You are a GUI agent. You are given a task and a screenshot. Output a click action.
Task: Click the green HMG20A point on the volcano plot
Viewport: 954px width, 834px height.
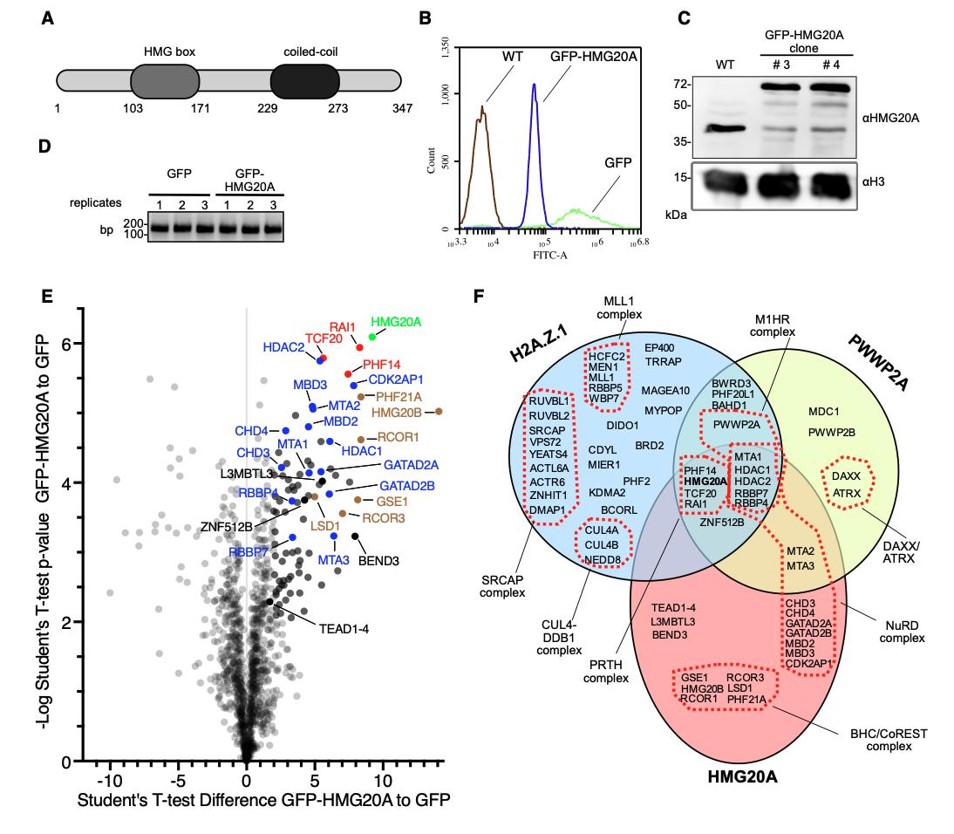pyautogui.click(x=372, y=336)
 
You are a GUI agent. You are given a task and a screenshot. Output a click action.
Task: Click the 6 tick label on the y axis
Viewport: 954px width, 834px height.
pyautogui.click(x=65, y=343)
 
